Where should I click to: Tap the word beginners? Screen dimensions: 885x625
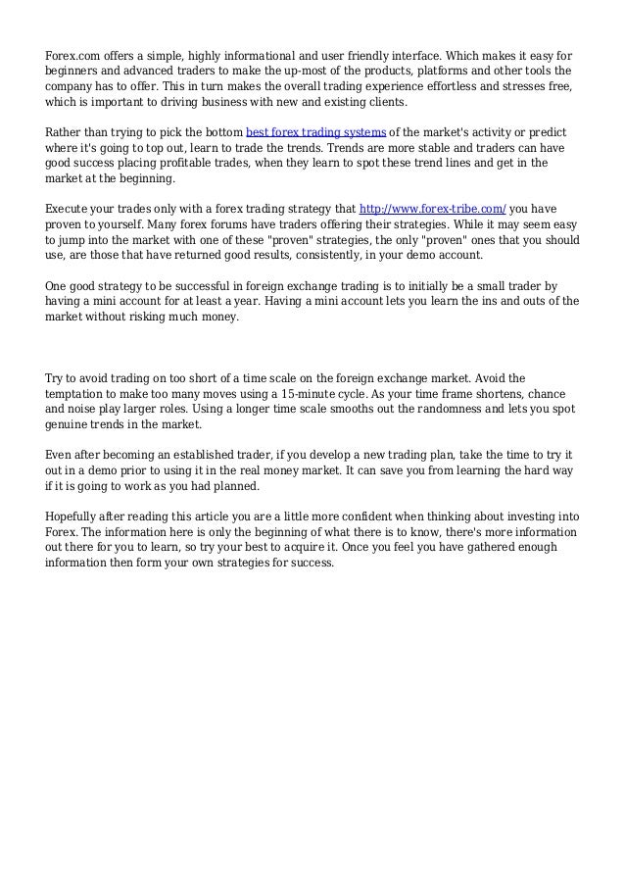tap(77, 70)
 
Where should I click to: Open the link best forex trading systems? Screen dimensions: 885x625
tap(315, 130)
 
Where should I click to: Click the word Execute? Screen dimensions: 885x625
tap(70, 208)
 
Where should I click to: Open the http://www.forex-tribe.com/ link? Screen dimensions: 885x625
tap(433, 208)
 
